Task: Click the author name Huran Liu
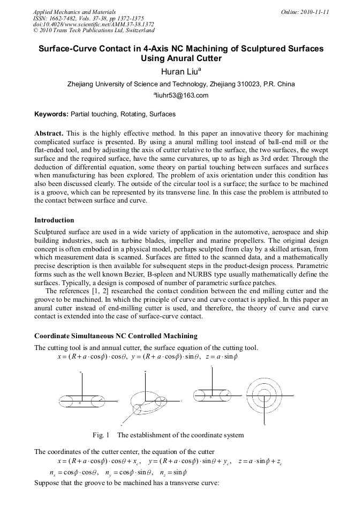point(179,71)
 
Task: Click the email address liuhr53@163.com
point(181,96)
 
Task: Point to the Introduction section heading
point(54,220)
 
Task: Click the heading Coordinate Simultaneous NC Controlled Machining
point(116,336)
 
